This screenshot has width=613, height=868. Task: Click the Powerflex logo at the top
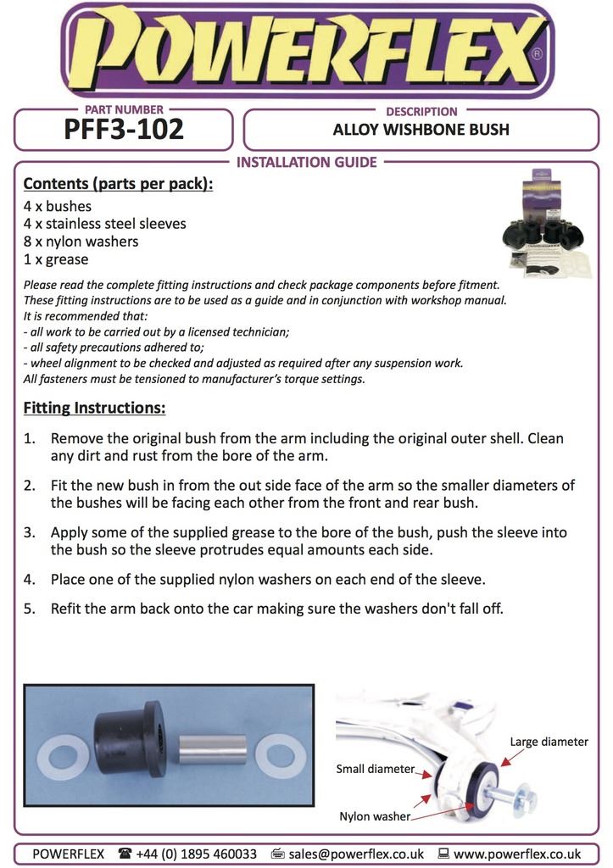coord(306,50)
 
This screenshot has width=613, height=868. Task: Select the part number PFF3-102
coord(124,131)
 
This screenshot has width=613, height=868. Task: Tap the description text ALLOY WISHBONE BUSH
coord(421,131)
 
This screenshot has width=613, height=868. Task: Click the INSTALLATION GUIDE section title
coord(306,162)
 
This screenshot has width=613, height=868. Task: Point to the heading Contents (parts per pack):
coord(118,183)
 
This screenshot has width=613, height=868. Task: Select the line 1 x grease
coord(56,259)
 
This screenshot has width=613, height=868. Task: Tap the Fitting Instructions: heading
coord(94,408)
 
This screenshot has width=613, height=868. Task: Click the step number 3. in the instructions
coord(30,533)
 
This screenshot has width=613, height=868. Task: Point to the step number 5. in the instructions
coord(30,608)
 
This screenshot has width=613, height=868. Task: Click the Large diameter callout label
coord(548,742)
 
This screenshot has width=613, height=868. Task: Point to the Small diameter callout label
coord(375,770)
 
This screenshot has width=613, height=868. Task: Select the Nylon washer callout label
coord(375,817)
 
